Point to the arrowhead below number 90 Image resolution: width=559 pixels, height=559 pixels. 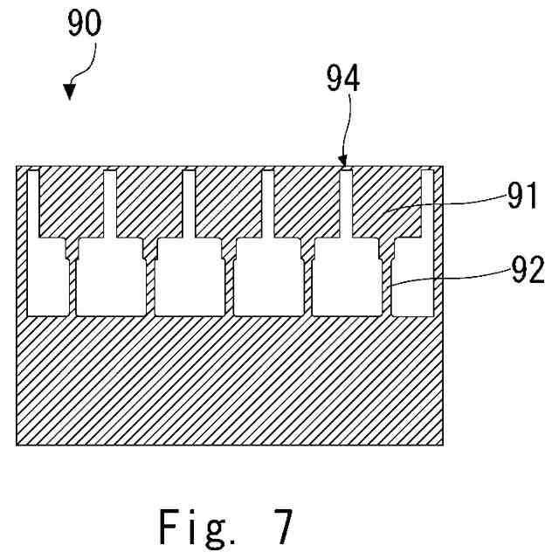pyautogui.click(x=71, y=93)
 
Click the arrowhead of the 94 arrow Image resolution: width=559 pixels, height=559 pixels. pyautogui.click(x=344, y=161)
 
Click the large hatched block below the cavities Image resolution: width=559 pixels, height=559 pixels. pyautogui.click(x=231, y=380)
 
